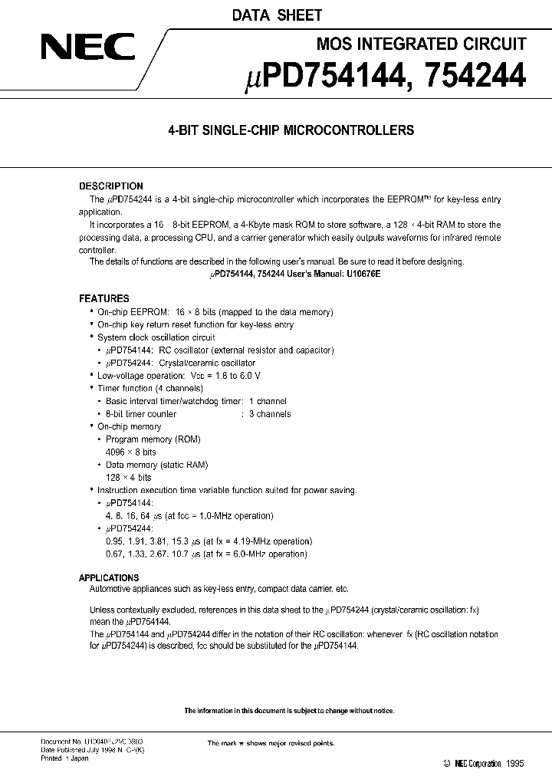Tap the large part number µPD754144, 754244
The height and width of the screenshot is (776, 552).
[x=384, y=77]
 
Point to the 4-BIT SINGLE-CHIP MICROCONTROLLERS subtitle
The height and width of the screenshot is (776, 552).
[x=291, y=130]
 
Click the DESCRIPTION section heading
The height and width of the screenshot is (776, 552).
[x=111, y=186]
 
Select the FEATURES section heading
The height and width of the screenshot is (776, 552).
[x=103, y=298]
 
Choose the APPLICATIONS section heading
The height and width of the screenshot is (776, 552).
[x=109, y=577]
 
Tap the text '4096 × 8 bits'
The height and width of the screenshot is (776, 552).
[x=130, y=452]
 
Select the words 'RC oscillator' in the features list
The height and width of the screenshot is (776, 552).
[x=184, y=350]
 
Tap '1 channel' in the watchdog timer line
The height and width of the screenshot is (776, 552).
[x=267, y=401]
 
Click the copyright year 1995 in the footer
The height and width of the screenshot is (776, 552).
[x=517, y=764]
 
